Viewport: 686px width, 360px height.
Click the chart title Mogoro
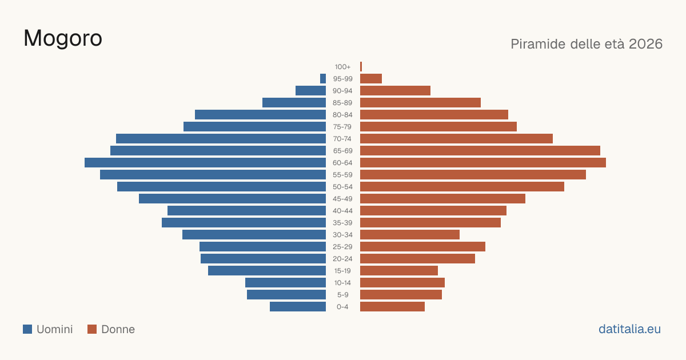[x=63, y=39]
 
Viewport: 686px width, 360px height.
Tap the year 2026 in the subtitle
[x=645, y=44]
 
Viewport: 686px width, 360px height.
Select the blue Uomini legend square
[x=27, y=329]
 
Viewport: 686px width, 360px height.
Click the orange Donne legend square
[x=92, y=329]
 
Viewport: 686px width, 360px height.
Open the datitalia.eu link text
[x=629, y=329]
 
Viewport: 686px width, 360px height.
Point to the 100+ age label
[x=342, y=67]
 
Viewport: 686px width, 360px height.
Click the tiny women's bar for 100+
[x=361, y=67]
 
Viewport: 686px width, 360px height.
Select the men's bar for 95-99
[x=323, y=79]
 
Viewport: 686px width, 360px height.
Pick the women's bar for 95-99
[x=371, y=79]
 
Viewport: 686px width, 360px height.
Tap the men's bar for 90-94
[x=310, y=91]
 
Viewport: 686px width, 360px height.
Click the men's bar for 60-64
[x=205, y=162]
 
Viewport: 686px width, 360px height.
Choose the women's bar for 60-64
[x=483, y=162]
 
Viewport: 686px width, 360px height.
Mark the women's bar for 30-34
[x=410, y=235]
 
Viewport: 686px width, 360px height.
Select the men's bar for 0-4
[x=298, y=307]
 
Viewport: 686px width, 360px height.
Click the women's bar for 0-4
[x=392, y=307]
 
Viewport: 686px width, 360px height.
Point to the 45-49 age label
[x=342, y=199]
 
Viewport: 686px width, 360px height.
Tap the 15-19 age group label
[x=342, y=271]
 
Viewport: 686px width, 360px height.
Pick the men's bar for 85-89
[x=294, y=102]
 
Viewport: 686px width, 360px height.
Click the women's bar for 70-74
[x=456, y=139]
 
